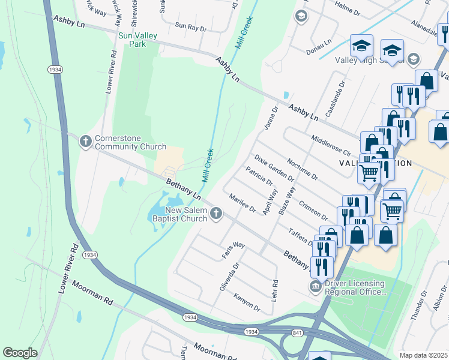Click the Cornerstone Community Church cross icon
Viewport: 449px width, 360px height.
(x=86, y=141)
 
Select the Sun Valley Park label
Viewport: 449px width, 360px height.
(x=137, y=40)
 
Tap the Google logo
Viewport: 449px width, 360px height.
(x=20, y=352)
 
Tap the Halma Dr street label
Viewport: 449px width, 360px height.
(x=348, y=10)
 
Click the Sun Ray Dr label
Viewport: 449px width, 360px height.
(x=190, y=27)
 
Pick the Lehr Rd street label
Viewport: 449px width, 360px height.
(x=275, y=290)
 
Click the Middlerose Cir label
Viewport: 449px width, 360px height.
(x=331, y=146)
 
